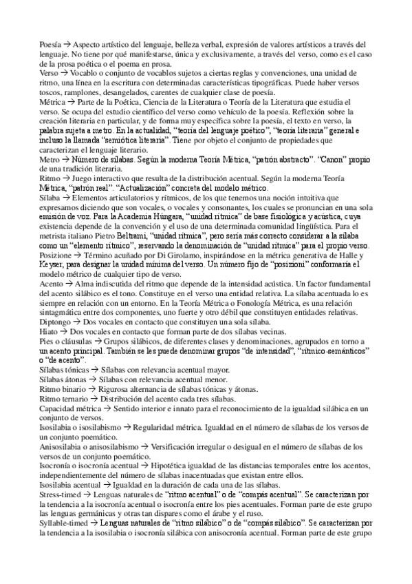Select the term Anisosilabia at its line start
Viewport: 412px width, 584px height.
59,447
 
